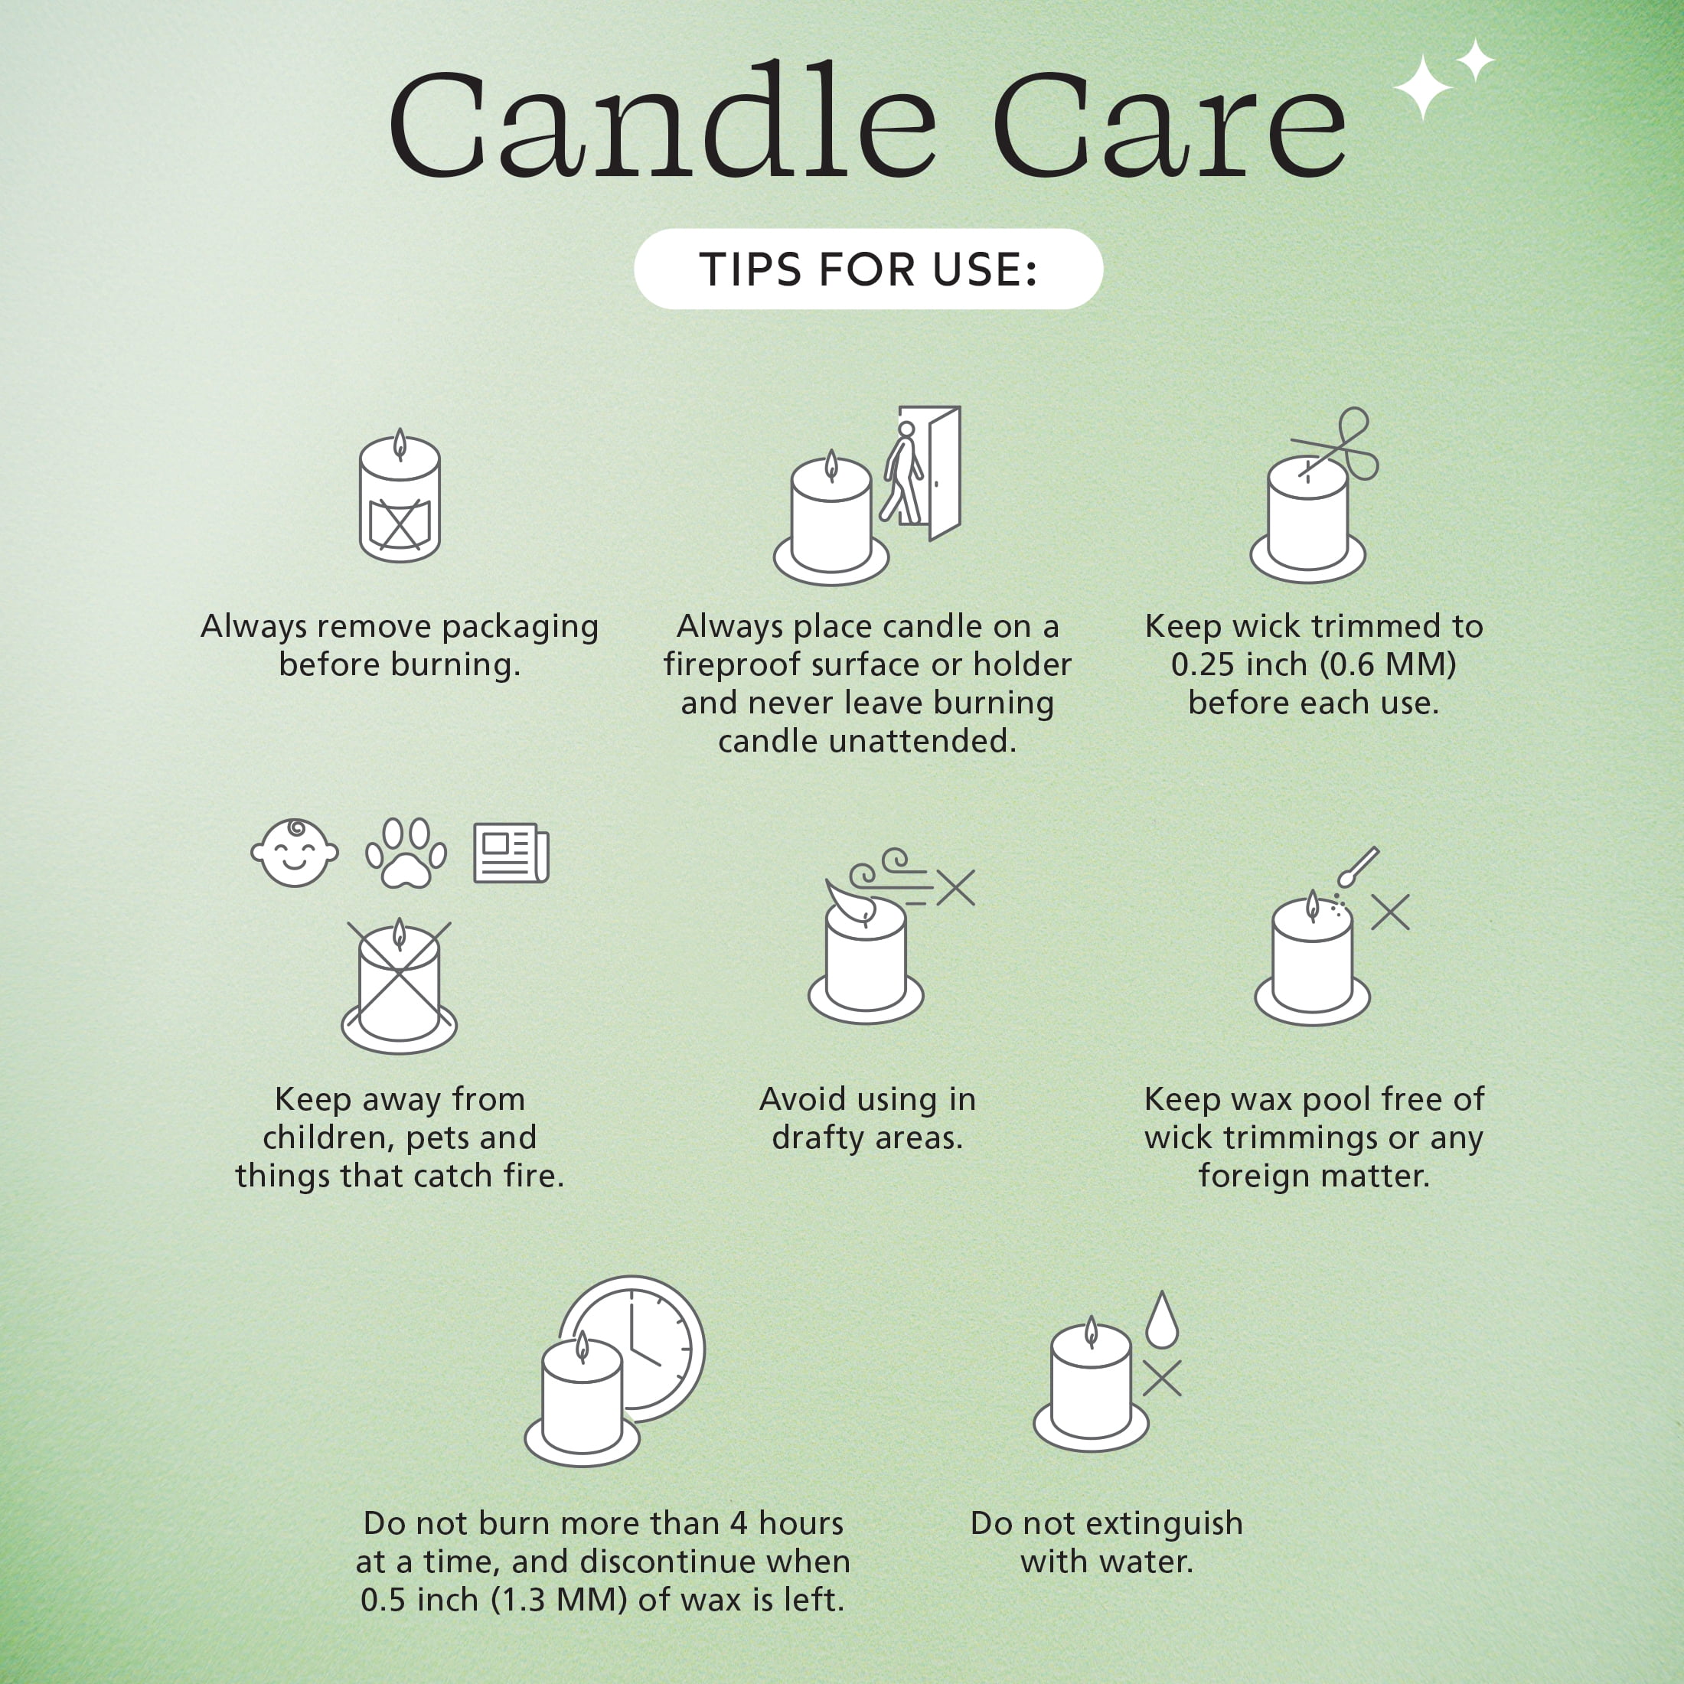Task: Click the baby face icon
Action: [x=295, y=853]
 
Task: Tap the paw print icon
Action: [x=406, y=853]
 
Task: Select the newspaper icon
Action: [x=511, y=853]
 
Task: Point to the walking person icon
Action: [x=902, y=473]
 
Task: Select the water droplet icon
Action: [x=1162, y=1320]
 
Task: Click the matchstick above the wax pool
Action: [x=1357, y=866]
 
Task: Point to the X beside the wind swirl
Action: [x=956, y=888]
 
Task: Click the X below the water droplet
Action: [x=1162, y=1378]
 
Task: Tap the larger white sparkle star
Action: [x=1422, y=86]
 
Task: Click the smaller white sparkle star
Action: [x=1474, y=60]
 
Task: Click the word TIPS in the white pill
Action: [x=750, y=269]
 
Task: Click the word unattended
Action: [x=922, y=741]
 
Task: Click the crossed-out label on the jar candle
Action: [x=400, y=524]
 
